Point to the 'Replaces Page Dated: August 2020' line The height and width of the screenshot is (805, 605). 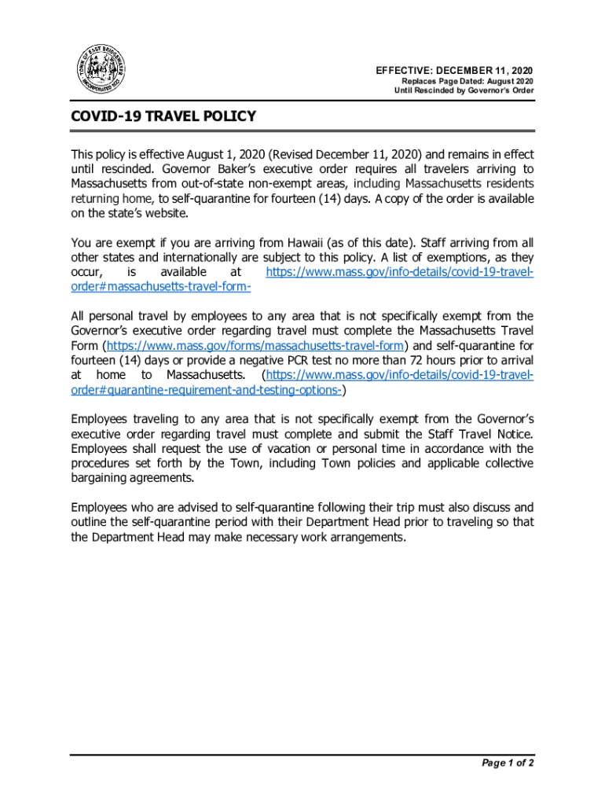pyautogui.click(x=467, y=81)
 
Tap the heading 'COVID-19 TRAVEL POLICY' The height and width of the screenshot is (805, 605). pyautogui.click(x=163, y=117)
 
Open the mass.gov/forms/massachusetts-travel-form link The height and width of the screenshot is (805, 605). pyautogui.click(x=255, y=346)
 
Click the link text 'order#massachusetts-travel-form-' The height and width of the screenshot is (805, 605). pyautogui.click(x=161, y=287)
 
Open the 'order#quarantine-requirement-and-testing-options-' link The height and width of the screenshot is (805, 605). pyautogui.click(x=206, y=391)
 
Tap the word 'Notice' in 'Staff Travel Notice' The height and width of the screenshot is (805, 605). pyautogui.click(x=512, y=434)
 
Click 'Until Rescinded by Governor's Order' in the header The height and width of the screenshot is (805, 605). pyautogui.click(x=464, y=91)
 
